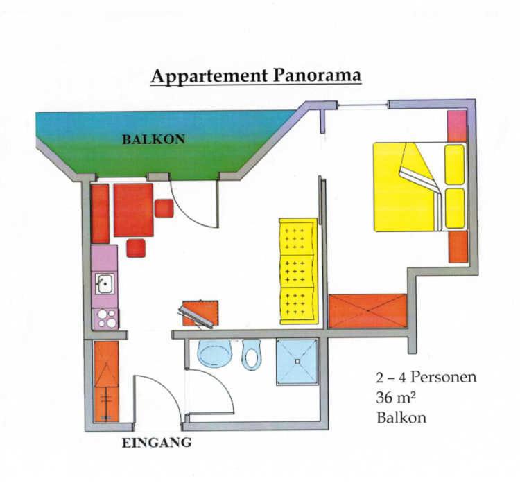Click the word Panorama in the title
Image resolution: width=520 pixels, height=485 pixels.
point(317,76)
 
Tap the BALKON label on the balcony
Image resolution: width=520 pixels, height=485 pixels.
point(153,139)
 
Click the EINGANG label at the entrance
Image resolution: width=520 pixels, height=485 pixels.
point(157,443)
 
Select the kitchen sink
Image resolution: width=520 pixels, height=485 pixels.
point(105,283)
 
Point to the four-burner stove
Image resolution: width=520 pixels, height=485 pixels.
point(105,319)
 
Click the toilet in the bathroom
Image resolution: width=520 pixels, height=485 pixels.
point(252,355)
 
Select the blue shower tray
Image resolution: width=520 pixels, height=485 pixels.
point(297,362)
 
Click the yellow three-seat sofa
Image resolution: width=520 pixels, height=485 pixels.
point(298,271)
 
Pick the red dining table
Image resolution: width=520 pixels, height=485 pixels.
point(133,210)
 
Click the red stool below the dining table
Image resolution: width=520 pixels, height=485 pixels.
point(136,248)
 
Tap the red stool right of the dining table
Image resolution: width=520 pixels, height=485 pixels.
point(164,209)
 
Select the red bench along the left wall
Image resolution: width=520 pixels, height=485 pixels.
point(100,213)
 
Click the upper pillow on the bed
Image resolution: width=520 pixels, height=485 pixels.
point(454,165)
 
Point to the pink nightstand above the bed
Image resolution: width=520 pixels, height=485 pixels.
point(457,126)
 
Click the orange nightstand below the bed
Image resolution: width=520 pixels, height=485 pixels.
point(458,247)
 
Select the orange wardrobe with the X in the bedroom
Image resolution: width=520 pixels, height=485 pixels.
point(367,311)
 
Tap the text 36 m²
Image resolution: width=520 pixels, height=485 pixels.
point(396,397)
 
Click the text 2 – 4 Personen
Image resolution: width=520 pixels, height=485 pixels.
point(426,377)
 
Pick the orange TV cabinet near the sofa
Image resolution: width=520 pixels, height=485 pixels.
point(200,313)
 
